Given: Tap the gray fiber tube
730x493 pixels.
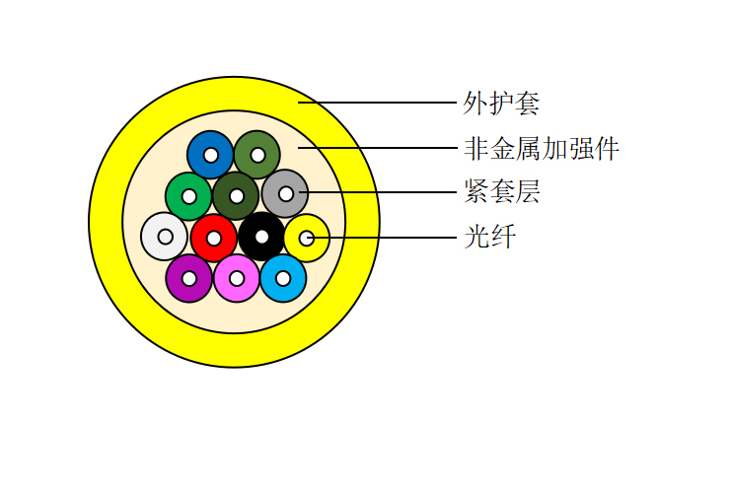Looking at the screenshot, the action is pyautogui.click(x=277, y=184).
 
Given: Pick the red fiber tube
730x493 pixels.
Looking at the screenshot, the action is pyautogui.click(x=206, y=229).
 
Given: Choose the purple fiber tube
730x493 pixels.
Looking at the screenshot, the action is pyautogui.click(x=182, y=270).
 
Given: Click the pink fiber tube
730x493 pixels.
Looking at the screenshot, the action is pyautogui.click(x=229, y=270).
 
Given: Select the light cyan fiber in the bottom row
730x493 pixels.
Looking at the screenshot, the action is pyautogui.click(x=275, y=270).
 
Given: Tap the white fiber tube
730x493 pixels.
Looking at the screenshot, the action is pyautogui.click(x=157, y=228).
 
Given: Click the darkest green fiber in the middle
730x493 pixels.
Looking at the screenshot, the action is pyautogui.click(x=228, y=187).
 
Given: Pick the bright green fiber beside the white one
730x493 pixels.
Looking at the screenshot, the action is pyautogui.click(x=181, y=187).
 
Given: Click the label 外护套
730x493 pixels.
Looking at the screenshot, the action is pyautogui.click(x=501, y=103).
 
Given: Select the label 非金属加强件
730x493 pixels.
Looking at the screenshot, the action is pyautogui.click(x=542, y=149).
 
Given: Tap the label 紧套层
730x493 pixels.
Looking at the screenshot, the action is pyautogui.click(x=502, y=191).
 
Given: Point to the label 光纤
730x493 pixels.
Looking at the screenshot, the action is pyautogui.click(x=489, y=237).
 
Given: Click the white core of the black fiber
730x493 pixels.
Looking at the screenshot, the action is pyautogui.click(x=261, y=237).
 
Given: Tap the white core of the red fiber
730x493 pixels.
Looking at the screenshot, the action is pyautogui.click(x=214, y=239).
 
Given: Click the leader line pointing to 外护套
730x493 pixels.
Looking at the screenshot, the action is pyautogui.click(x=377, y=103).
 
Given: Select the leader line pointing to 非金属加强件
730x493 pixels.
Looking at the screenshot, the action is pyautogui.click(x=377, y=148).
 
